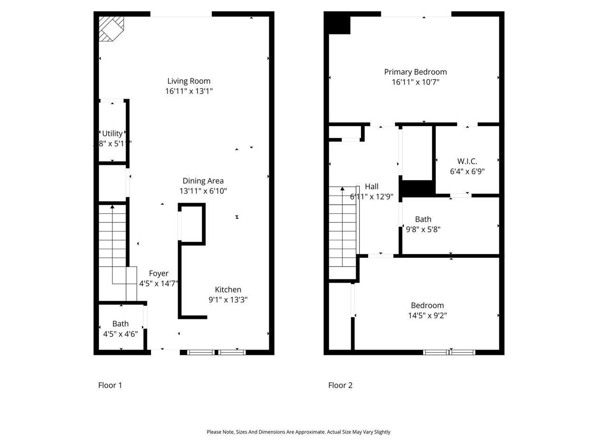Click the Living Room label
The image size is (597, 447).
point(189,81)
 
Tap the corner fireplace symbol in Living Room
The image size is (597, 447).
point(110,28)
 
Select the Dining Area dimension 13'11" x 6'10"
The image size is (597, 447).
point(203,191)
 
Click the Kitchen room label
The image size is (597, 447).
point(228,290)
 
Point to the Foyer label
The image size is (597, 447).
point(159,273)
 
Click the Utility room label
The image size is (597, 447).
point(112,134)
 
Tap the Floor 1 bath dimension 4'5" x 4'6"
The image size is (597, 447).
point(120,334)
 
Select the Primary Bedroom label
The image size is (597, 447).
point(415,72)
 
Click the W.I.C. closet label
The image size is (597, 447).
point(467,161)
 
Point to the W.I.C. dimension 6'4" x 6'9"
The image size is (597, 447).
point(467,171)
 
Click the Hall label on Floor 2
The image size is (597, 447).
point(372,186)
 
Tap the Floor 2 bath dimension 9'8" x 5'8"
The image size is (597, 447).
point(423,229)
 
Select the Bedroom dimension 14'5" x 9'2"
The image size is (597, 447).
point(427,315)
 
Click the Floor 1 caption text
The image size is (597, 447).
point(110,385)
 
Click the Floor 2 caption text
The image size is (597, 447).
point(340,385)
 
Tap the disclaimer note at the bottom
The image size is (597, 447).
point(298,432)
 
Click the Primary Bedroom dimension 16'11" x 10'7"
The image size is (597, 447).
point(415,82)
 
